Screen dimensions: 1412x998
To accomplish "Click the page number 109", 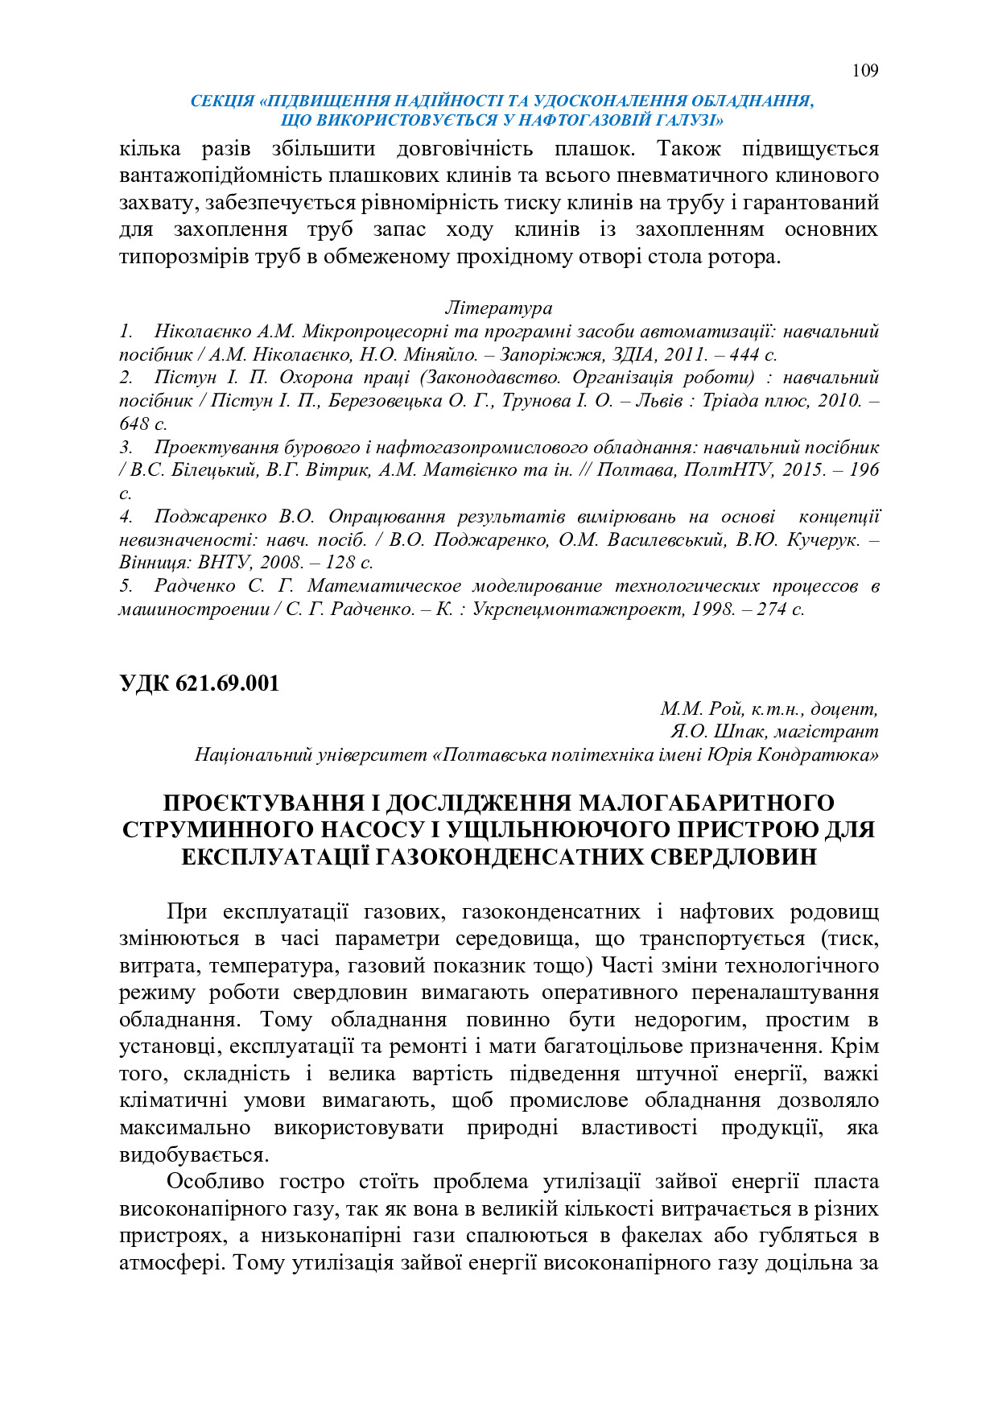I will (x=864, y=71).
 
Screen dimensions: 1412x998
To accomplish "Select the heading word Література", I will (x=498, y=308).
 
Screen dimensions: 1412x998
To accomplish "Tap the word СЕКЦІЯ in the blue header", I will (x=222, y=101).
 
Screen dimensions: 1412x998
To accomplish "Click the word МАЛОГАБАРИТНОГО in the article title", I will (x=707, y=803).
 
